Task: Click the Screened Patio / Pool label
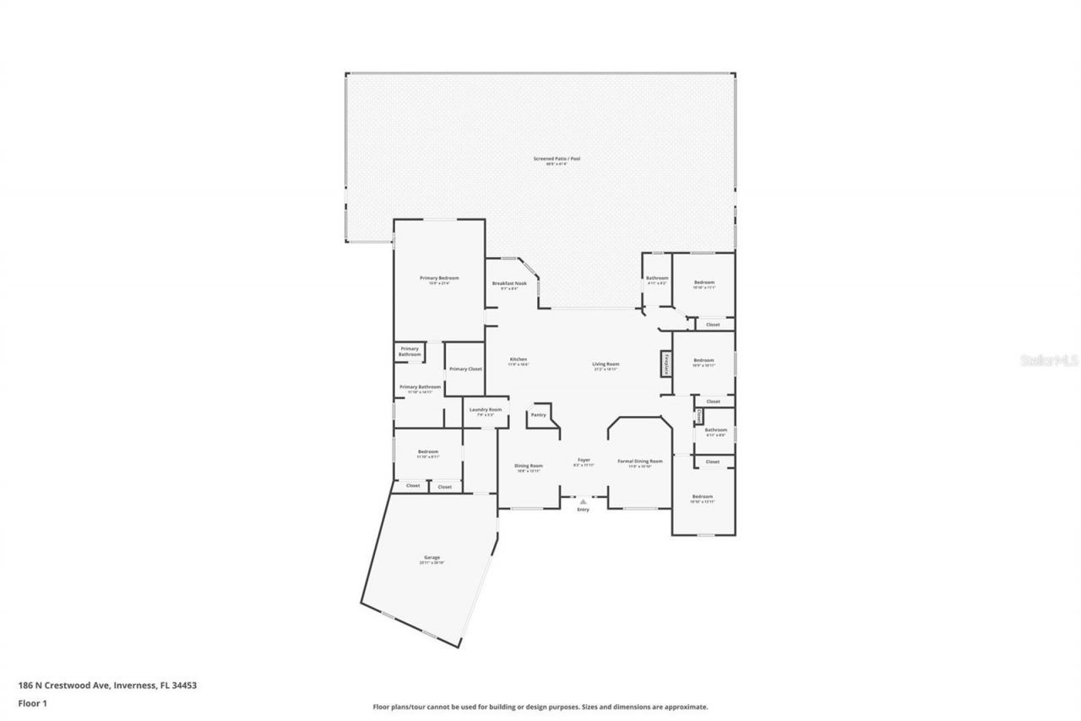click(x=557, y=159)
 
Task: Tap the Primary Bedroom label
click(x=439, y=278)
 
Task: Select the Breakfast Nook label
click(x=509, y=283)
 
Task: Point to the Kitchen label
click(x=518, y=359)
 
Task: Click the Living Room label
click(x=606, y=364)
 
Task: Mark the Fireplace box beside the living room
click(x=665, y=364)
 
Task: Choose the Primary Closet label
click(x=464, y=369)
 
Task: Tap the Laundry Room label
click(x=485, y=410)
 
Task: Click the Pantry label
click(x=538, y=415)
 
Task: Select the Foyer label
click(x=583, y=460)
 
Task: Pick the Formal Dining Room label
click(x=639, y=462)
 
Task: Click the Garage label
click(x=432, y=558)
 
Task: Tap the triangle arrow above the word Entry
click(x=583, y=502)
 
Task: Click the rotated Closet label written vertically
click(x=699, y=417)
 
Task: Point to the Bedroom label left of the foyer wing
click(x=428, y=452)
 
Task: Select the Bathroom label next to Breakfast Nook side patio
click(x=657, y=278)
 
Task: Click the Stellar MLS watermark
click(x=1050, y=360)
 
